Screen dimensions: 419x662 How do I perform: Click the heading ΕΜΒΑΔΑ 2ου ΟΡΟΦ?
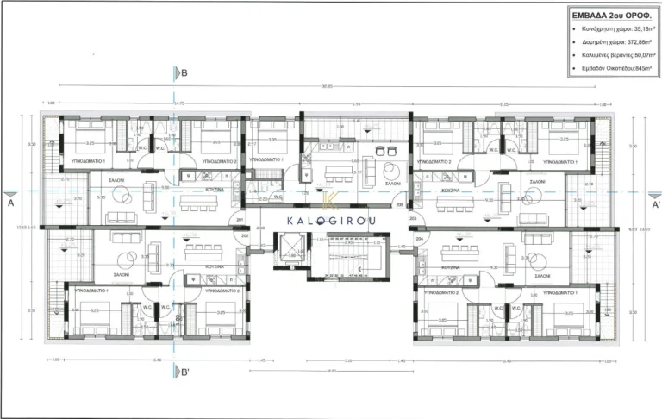pos(600,14)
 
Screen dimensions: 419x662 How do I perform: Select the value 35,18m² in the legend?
pos(634,28)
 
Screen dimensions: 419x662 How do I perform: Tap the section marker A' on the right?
pos(654,204)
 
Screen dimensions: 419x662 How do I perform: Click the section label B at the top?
pos(184,73)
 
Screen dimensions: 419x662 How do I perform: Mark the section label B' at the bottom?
pos(183,372)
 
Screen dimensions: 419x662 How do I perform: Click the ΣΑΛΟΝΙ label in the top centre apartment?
pos(392,184)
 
